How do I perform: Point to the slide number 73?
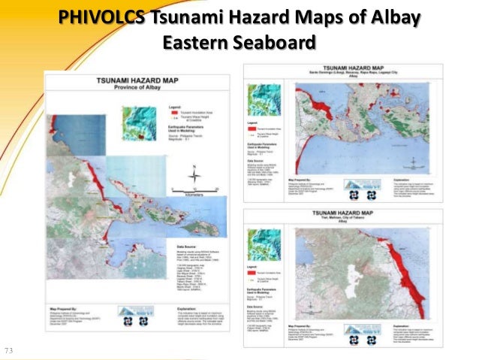point(9,350)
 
